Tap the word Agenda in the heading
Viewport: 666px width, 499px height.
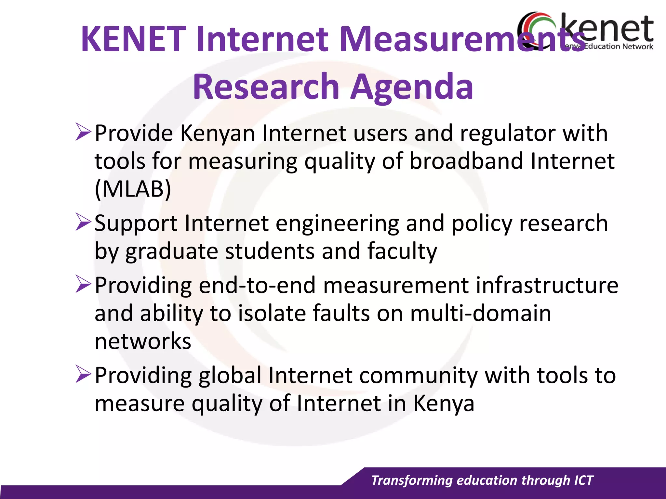click(412, 87)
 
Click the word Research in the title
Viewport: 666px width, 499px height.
click(266, 87)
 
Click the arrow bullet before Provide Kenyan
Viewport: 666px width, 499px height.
click(83, 132)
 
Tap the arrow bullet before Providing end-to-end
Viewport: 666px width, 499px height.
click(83, 284)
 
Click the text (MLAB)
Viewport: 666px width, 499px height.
click(133, 189)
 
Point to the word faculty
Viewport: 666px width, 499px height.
click(402, 252)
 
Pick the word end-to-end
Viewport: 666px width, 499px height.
click(257, 285)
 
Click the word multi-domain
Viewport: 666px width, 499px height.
click(480, 313)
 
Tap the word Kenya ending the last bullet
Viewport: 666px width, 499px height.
click(444, 404)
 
